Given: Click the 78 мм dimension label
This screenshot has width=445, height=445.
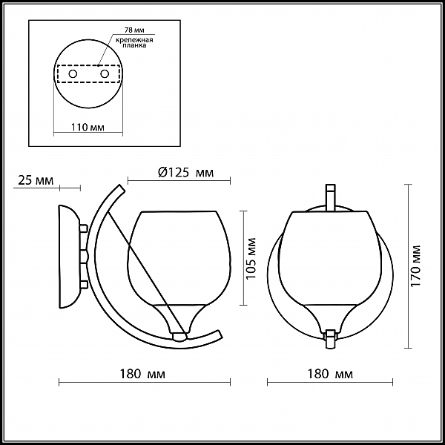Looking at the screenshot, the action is [x=134, y=30].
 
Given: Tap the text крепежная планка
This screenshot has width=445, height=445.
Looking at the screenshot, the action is [x=134, y=42].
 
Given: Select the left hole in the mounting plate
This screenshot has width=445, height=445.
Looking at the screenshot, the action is [x=73, y=74].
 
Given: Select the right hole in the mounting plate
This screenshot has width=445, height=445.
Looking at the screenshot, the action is [x=105, y=74].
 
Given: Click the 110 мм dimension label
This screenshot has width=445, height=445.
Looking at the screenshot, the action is [x=88, y=127].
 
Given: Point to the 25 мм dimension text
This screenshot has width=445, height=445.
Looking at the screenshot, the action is [x=36, y=180].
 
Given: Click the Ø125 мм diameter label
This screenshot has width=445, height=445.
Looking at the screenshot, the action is [x=185, y=172].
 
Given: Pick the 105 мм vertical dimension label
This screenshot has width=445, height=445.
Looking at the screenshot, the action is [x=251, y=258].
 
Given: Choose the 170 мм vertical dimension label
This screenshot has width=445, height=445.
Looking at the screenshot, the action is [x=415, y=266].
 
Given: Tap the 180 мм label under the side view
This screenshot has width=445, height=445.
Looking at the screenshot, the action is [x=142, y=374].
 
